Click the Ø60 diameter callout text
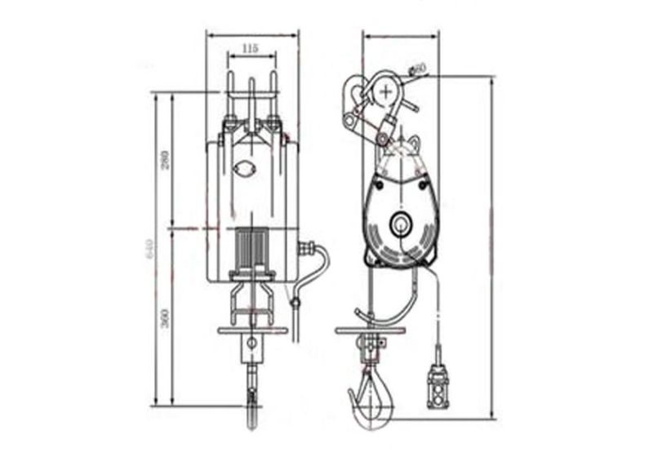[420, 69]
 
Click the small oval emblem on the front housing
[244, 169]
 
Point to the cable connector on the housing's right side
[309, 247]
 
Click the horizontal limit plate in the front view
[253, 331]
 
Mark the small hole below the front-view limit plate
[252, 344]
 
